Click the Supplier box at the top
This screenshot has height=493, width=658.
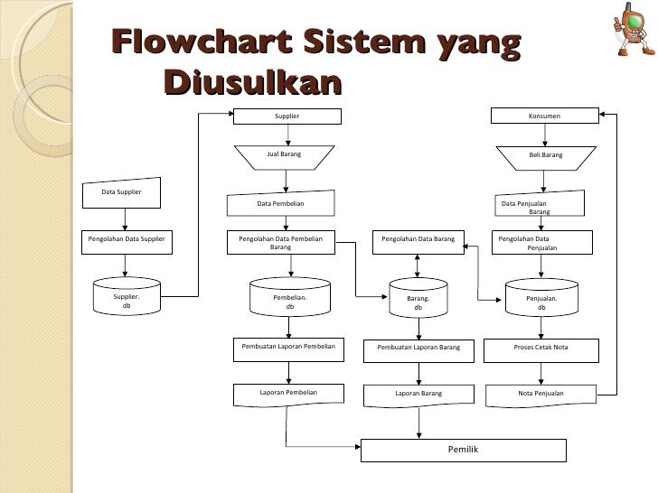coord(287,116)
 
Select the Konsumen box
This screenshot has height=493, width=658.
coord(544,116)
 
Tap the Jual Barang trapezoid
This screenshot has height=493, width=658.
coord(287,155)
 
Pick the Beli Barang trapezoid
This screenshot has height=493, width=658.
coord(545,155)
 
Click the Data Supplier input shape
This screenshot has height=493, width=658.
coord(122,192)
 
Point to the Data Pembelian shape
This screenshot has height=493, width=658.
coord(280,204)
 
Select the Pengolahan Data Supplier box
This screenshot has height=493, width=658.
coord(126,240)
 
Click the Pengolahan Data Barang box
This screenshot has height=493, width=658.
coord(417,240)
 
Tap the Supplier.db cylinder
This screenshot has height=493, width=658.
coord(126,299)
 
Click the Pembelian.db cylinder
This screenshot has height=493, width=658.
coord(289,301)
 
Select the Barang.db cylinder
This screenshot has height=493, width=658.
coord(418,301)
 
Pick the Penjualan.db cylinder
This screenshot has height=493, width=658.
coord(541,301)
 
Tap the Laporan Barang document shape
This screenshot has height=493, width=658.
coord(418,395)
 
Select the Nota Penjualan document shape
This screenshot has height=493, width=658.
coord(541,395)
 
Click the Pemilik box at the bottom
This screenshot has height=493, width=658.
coord(463,450)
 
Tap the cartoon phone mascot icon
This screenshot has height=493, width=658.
coord(633,30)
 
